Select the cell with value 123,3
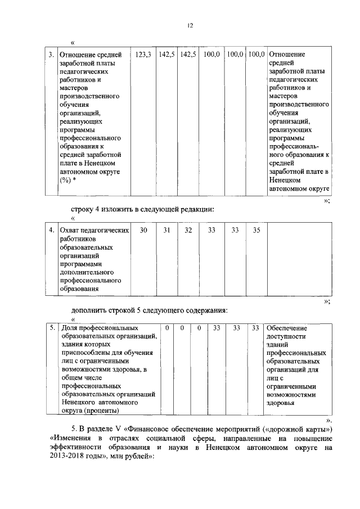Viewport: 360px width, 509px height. point(143,55)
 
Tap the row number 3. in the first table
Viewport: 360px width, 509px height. point(51,55)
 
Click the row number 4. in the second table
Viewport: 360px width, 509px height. point(51,230)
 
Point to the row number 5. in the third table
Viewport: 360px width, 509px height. point(51,327)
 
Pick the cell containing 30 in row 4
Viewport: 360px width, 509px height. point(143,230)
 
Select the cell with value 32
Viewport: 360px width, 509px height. point(188,230)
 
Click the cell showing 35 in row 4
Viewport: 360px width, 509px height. point(256,230)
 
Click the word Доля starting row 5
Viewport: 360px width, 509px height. point(69,327)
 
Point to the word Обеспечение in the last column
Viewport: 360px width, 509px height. point(287,327)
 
